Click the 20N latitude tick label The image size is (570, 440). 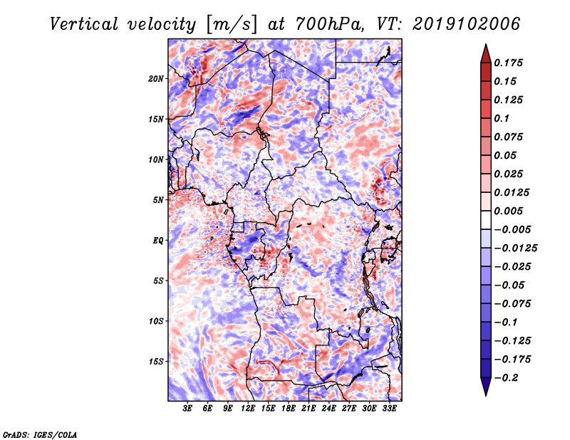tap(156, 79)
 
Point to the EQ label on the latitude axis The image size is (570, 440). tap(158, 241)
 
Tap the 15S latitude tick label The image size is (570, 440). tap(156, 362)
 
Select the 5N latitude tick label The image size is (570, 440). tap(158, 200)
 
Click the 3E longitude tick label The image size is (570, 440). tap(187, 408)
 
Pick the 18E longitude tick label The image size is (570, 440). tap(289, 408)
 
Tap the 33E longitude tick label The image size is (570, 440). tap(389, 408)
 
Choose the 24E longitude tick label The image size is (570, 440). tap(328, 408)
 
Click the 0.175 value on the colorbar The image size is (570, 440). tap(508, 63)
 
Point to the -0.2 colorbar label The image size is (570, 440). tap(506, 378)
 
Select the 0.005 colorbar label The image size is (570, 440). tap(508, 211)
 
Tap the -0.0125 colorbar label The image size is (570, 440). tap(515, 248)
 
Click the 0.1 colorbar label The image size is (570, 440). tap(502, 118)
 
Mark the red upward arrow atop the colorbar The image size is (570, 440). tap(486, 53)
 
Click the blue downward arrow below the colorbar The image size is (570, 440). tap(486, 387)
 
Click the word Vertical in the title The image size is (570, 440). tap(84, 24)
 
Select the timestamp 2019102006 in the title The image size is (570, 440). tap(466, 24)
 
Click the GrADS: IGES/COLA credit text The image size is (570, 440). tap(40, 434)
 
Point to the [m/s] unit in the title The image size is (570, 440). tap(232, 25)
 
